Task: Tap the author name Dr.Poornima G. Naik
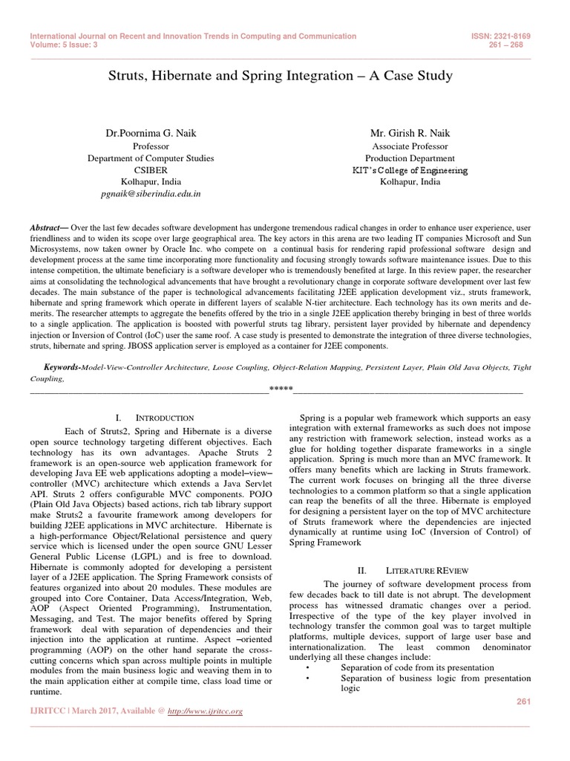pos(151,133)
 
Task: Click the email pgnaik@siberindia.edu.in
pos(151,192)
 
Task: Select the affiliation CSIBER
pos(151,169)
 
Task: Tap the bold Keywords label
pos(62,367)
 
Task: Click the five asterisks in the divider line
pos(281,389)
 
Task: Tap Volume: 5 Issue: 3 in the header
pos(65,45)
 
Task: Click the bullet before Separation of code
pos(307,667)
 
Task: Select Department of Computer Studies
pos(151,158)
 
